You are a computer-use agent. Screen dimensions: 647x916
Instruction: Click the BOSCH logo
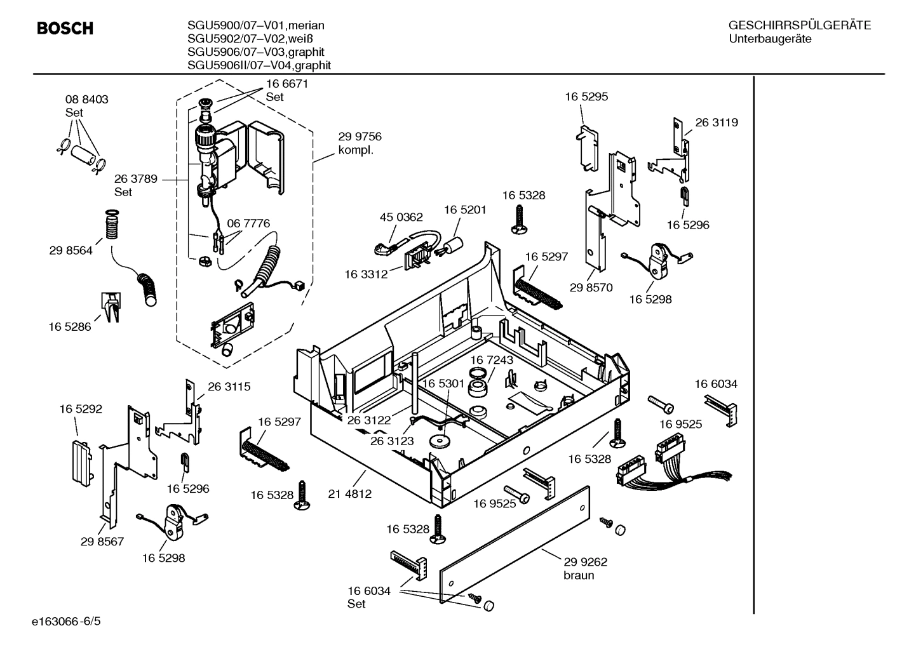click(x=65, y=29)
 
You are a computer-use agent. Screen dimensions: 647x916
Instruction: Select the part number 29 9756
click(x=360, y=137)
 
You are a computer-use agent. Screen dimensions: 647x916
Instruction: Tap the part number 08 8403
click(x=86, y=99)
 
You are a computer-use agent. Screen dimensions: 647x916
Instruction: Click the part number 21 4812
click(x=349, y=493)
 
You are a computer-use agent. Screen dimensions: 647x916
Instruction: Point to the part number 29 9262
click(x=585, y=561)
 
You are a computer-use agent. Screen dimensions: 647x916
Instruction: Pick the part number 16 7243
click(x=492, y=360)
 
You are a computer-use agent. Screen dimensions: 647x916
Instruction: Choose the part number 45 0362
click(x=401, y=217)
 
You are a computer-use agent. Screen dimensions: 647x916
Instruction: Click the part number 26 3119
click(x=717, y=123)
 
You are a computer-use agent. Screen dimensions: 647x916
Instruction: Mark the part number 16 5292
click(x=81, y=410)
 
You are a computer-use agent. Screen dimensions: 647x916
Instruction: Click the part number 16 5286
click(x=70, y=327)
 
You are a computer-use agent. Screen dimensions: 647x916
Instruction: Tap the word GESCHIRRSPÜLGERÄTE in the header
click(x=799, y=25)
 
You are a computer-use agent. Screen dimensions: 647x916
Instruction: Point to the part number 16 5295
click(x=586, y=97)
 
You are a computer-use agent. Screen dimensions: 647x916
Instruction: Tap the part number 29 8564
click(x=71, y=250)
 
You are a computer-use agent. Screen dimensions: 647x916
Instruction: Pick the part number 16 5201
click(x=465, y=210)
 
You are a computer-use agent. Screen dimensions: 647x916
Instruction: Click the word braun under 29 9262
click(x=579, y=575)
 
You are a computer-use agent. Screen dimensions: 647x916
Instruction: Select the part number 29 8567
click(x=102, y=542)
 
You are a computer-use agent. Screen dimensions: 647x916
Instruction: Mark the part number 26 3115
click(x=229, y=386)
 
